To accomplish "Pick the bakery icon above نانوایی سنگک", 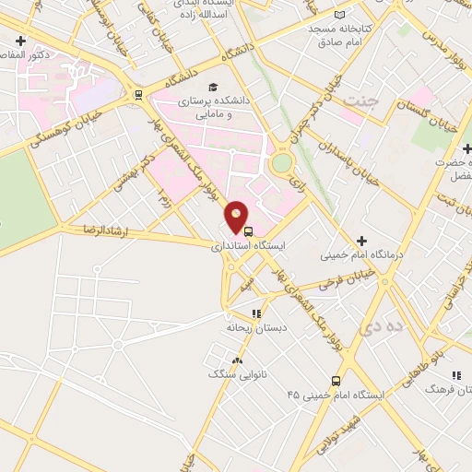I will (x=238, y=360).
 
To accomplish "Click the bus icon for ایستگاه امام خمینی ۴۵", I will (x=336, y=380).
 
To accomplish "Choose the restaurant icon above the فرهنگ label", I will (x=455, y=375).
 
